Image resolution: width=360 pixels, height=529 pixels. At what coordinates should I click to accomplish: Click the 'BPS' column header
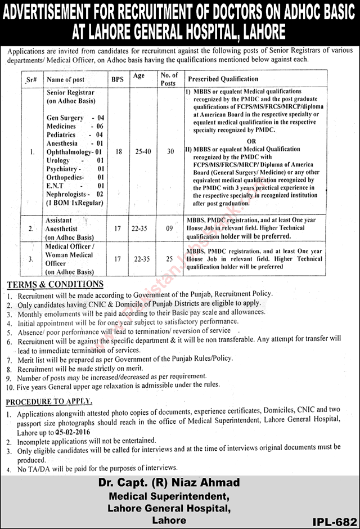[117, 79]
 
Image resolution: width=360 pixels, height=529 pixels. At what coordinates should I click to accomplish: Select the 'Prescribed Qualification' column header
[223, 79]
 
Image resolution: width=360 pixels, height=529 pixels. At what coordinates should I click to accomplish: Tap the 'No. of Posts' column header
[169, 79]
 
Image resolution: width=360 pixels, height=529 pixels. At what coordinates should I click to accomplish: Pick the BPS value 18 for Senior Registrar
[118, 152]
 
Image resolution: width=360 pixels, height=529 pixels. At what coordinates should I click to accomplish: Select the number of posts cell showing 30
[169, 152]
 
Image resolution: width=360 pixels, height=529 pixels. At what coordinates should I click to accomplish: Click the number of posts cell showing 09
[169, 229]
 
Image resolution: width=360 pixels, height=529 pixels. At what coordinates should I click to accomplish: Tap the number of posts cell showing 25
[169, 259]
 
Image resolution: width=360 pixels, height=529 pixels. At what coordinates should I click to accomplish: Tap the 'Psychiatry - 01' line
[76, 168]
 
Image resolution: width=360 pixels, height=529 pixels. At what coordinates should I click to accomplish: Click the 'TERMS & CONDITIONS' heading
[55, 284]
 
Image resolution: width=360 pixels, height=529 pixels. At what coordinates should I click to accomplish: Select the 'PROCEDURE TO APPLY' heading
[49, 401]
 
